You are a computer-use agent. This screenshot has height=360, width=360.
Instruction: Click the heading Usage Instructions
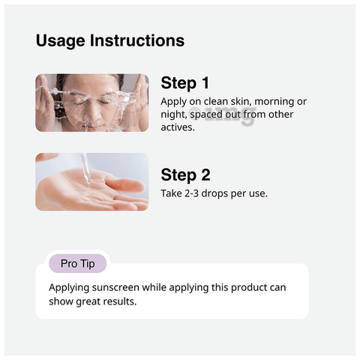(x=109, y=40)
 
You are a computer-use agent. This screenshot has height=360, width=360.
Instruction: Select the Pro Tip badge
(x=78, y=264)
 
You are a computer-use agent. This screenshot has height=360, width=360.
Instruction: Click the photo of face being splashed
(x=91, y=103)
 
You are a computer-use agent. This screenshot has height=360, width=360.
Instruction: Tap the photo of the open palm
(x=91, y=182)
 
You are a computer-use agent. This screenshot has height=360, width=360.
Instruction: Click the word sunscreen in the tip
(x=118, y=288)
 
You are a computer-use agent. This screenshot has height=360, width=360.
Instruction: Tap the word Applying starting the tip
(x=70, y=288)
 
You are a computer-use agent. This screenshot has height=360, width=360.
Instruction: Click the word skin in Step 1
(x=243, y=101)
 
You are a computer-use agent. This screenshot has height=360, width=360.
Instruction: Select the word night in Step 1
(x=175, y=114)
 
